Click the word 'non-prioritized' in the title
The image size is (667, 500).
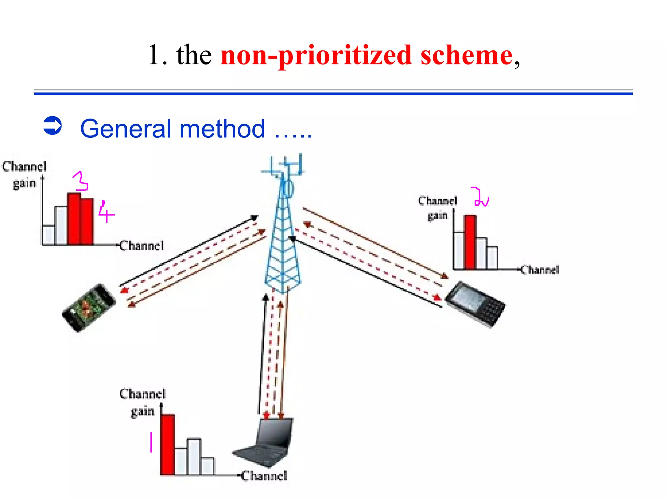pos(316,55)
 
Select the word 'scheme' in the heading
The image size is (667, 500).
pos(466,55)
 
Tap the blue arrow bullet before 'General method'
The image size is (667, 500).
pos(52,126)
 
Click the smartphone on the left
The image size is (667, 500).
pos(89,307)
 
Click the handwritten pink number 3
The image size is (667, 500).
pos(80,181)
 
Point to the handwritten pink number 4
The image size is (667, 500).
pos(106,213)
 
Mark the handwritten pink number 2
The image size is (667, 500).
pos(480,197)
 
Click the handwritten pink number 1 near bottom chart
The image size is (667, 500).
pos(151,442)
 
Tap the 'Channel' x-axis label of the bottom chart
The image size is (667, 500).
pos(264,476)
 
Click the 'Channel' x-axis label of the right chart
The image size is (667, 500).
pos(540,270)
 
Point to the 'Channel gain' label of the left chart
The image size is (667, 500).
pos(24,175)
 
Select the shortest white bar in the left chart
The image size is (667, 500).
pos(49,235)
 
